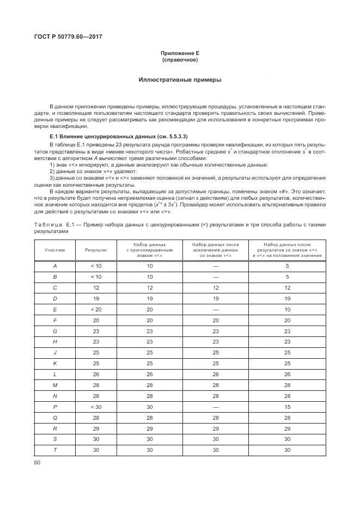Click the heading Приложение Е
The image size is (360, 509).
pos(180,53)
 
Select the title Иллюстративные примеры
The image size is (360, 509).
pos(180,79)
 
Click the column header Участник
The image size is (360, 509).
pos(54,250)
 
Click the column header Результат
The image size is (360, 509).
pos(96,250)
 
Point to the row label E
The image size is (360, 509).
pos(54,309)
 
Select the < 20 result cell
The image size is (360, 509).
pos(96,309)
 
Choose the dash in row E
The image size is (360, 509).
pos(215,309)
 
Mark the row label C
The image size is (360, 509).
pos(54,287)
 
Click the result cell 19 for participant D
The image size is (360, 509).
pos(96,298)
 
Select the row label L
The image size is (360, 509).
pos(54,374)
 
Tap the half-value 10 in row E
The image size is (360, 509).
pos(287,309)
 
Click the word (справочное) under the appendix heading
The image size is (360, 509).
pos(180,59)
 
